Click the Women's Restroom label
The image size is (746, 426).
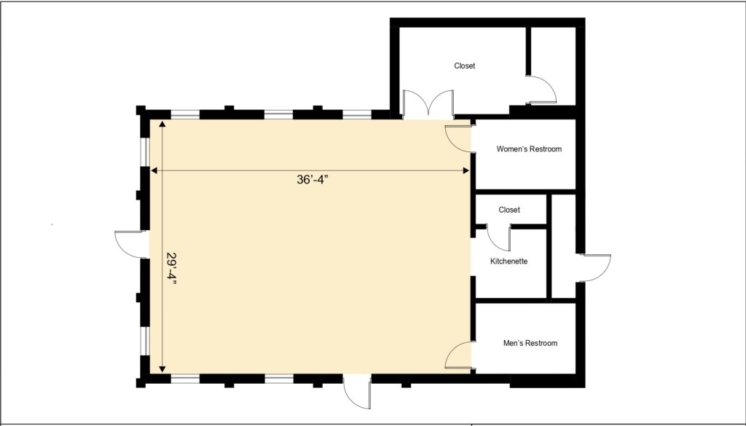click(529, 149)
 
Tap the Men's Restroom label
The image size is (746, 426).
click(530, 343)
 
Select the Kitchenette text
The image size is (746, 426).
click(509, 261)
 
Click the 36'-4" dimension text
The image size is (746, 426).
click(313, 181)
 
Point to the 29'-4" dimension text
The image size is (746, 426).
click(172, 269)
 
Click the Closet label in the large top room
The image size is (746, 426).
click(464, 66)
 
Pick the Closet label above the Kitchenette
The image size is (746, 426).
click(509, 210)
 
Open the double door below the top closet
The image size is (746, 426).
click(428, 106)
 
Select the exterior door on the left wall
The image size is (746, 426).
click(131, 242)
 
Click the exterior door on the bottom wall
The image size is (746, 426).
click(357, 393)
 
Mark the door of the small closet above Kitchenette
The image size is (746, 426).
click(500, 239)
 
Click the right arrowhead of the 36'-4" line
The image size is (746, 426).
click(467, 170)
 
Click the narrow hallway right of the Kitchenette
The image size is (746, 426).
click(563, 246)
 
